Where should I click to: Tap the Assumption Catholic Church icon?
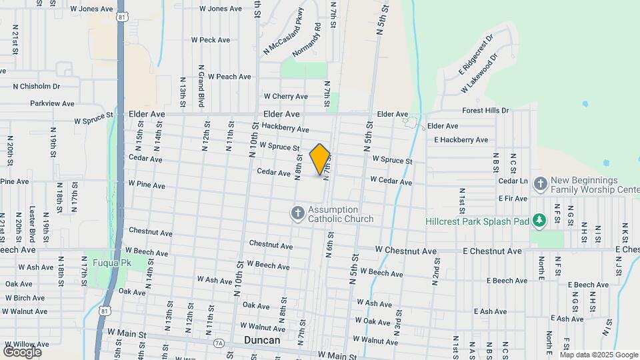tap(297, 213)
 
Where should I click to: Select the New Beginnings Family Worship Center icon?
tap(541, 183)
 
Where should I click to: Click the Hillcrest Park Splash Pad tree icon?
tap(539, 221)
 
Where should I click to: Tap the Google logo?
tap(22, 351)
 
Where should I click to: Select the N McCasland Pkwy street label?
tap(283, 31)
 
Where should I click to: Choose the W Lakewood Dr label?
tap(479, 74)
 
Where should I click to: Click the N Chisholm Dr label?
tap(37, 86)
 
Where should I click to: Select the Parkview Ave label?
tap(53, 103)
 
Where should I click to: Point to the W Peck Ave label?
tap(211, 40)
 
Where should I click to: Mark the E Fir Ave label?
tap(513, 198)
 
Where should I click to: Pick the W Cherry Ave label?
tap(285, 97)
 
